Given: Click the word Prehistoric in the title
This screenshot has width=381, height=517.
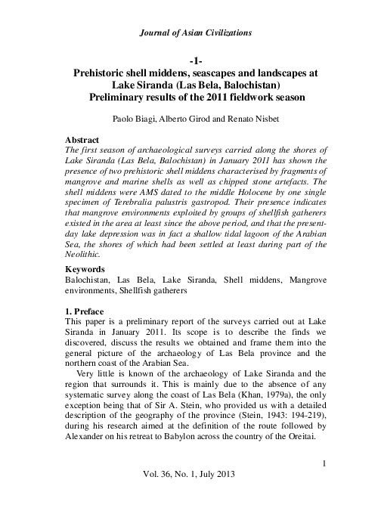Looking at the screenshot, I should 102,75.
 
